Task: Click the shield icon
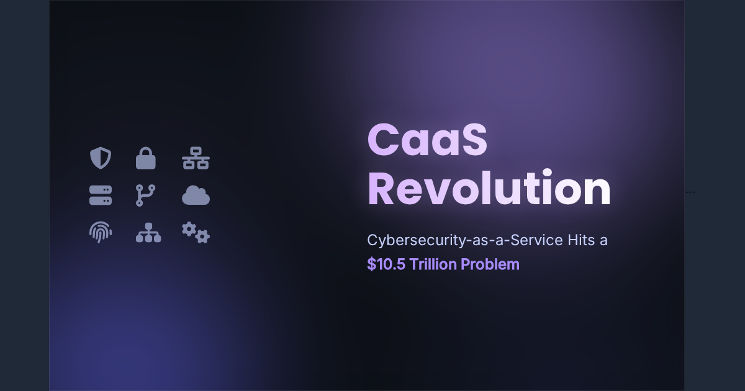(101, 158)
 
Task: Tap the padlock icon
(146, 158)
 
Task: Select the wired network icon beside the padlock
(196, 158)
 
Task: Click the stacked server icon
(101, 195)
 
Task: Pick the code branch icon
(146, 195)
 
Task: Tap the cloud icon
(196, 196)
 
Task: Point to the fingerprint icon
(101, 233)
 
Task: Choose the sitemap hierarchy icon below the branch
(148, 233)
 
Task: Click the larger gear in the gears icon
(189, 229)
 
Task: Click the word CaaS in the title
(427, 140)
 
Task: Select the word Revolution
(489, 189)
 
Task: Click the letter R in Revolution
(382, 189)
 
